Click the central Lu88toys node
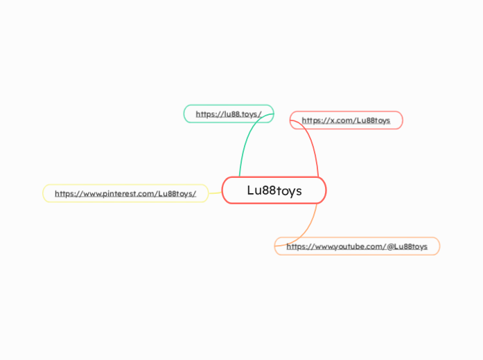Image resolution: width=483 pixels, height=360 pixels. (x=274, y=190)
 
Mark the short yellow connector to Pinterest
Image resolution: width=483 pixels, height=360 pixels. (x=215, y=193)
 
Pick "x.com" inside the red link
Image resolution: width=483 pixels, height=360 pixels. (x=340, y=120)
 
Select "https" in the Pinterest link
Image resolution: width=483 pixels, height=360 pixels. (x=64, y=194)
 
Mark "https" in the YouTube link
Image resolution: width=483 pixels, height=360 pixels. (x=296, y=246)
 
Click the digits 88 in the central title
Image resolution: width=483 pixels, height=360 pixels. (x=268, y=190)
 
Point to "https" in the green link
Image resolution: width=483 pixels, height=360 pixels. (x=205, y=114)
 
